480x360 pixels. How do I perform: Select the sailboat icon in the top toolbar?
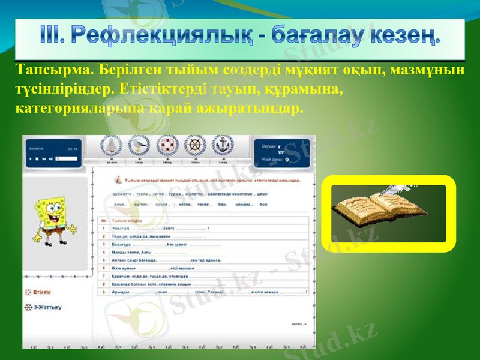pyautogui.click(x=112, y=146)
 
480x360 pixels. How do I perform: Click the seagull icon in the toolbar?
pyautogui.click(x=139, y=146)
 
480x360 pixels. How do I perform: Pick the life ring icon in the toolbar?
pyautogui.click(x=167, y=146)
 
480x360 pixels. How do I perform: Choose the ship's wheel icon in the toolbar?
pyautogui.click(x=196, y=146)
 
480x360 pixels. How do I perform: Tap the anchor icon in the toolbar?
pyautogui.click(x=223, y=146)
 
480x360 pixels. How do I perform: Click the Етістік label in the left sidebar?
pyautogui.click(x=42, y=292)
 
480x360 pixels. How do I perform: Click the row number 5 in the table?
pyautogui.click(x=104, y=260)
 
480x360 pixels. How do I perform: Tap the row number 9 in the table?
pyautogui.click(x=104, y=292)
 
